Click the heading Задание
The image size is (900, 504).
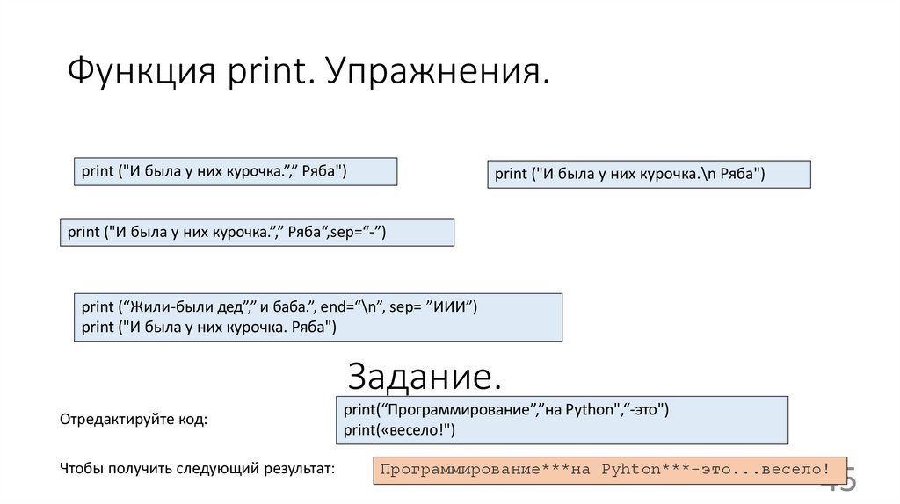point(425,377)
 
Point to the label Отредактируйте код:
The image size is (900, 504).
point(134,420)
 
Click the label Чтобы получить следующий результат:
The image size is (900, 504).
point(198,469)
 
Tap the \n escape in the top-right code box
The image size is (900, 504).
point(707,174)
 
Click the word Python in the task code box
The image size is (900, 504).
point(593,410)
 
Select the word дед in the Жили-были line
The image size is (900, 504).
point(230,307)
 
